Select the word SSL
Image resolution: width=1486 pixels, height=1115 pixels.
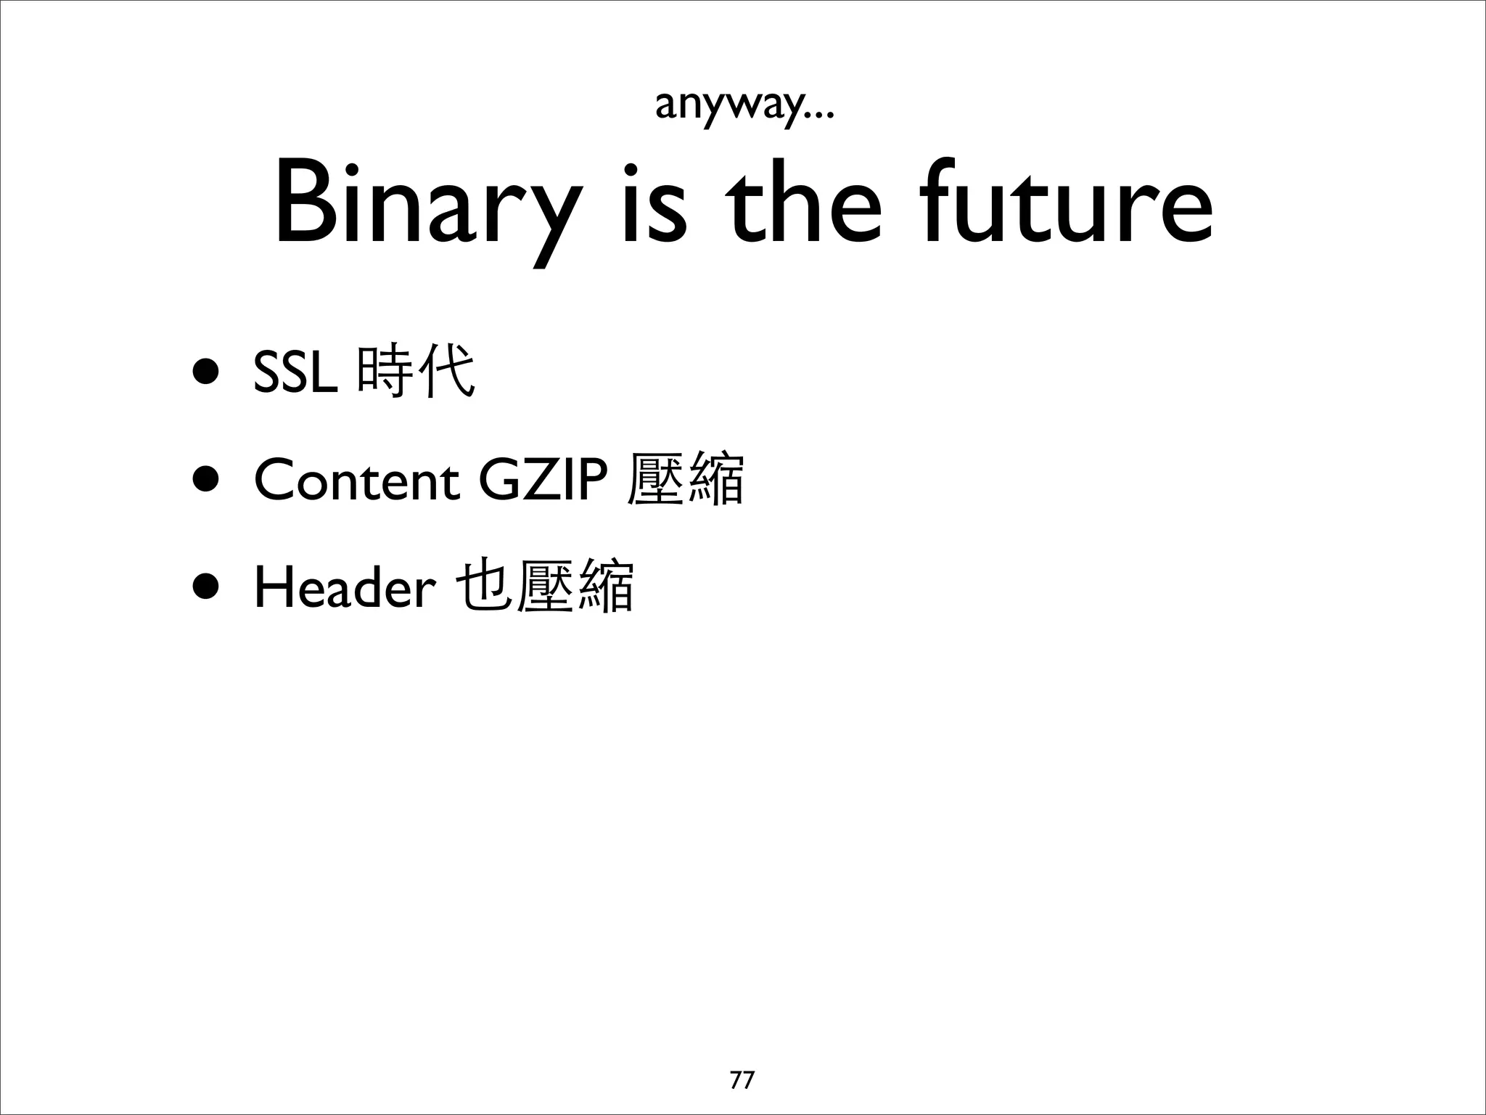[295, 372]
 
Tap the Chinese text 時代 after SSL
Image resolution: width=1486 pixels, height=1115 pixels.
[416, 372]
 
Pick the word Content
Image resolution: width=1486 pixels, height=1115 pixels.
[356, 480]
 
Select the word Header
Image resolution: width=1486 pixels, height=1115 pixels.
[344, 587]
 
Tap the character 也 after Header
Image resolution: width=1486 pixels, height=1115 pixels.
[483, 587]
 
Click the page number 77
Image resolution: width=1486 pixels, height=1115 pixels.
[742, 1079]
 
